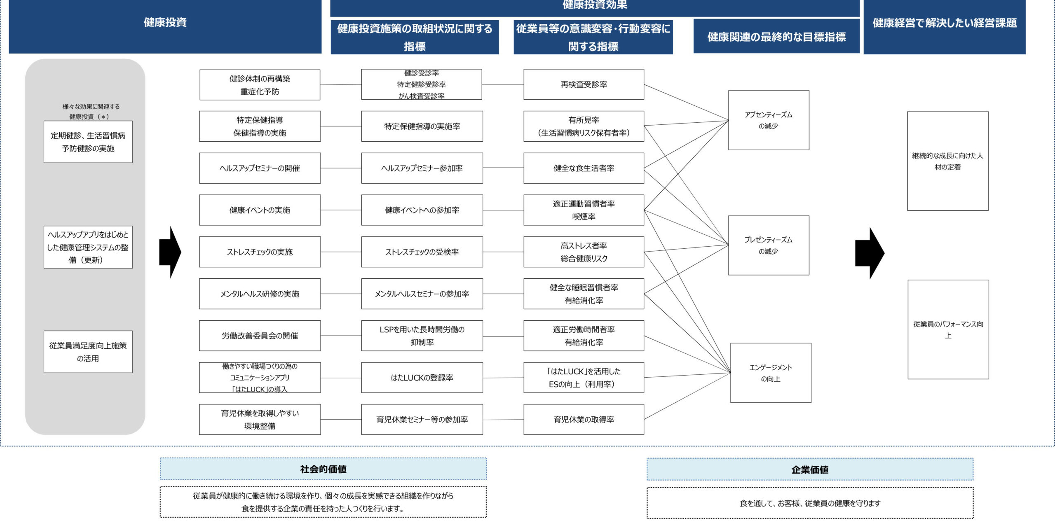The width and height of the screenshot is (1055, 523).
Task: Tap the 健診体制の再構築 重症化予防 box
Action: coord(260,85)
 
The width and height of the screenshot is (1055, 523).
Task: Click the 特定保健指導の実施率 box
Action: coord(422,126)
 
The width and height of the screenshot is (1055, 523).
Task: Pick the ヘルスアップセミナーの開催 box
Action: coord(260,168)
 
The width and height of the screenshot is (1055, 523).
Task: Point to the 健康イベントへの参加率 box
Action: coord(422,210)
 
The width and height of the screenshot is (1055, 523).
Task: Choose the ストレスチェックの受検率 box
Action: coord(422,252)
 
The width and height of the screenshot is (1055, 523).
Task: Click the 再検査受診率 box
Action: coord(584,84)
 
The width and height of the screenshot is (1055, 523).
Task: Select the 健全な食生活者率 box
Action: coord(584,168)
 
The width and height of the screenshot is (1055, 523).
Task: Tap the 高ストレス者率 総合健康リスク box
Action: coord(584,252)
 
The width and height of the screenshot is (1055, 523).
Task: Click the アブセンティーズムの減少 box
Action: coord(769,120)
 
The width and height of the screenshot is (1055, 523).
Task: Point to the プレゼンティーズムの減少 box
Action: coord(769,245)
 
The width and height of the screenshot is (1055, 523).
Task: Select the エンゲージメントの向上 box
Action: coord(771,373)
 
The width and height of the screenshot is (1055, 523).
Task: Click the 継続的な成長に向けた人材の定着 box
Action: coord(947,161)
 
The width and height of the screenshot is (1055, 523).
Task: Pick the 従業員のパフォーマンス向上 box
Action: coord(948,329)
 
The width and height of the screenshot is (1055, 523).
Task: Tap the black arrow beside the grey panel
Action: coord(170,252)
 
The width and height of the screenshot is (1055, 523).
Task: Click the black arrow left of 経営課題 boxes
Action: coord(869,253)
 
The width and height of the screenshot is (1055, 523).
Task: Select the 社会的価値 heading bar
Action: coord(323,469)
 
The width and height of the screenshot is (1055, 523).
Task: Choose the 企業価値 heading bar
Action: coord(810,469)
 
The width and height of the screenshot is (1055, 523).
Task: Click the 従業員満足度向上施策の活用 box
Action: coord(88,352)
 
